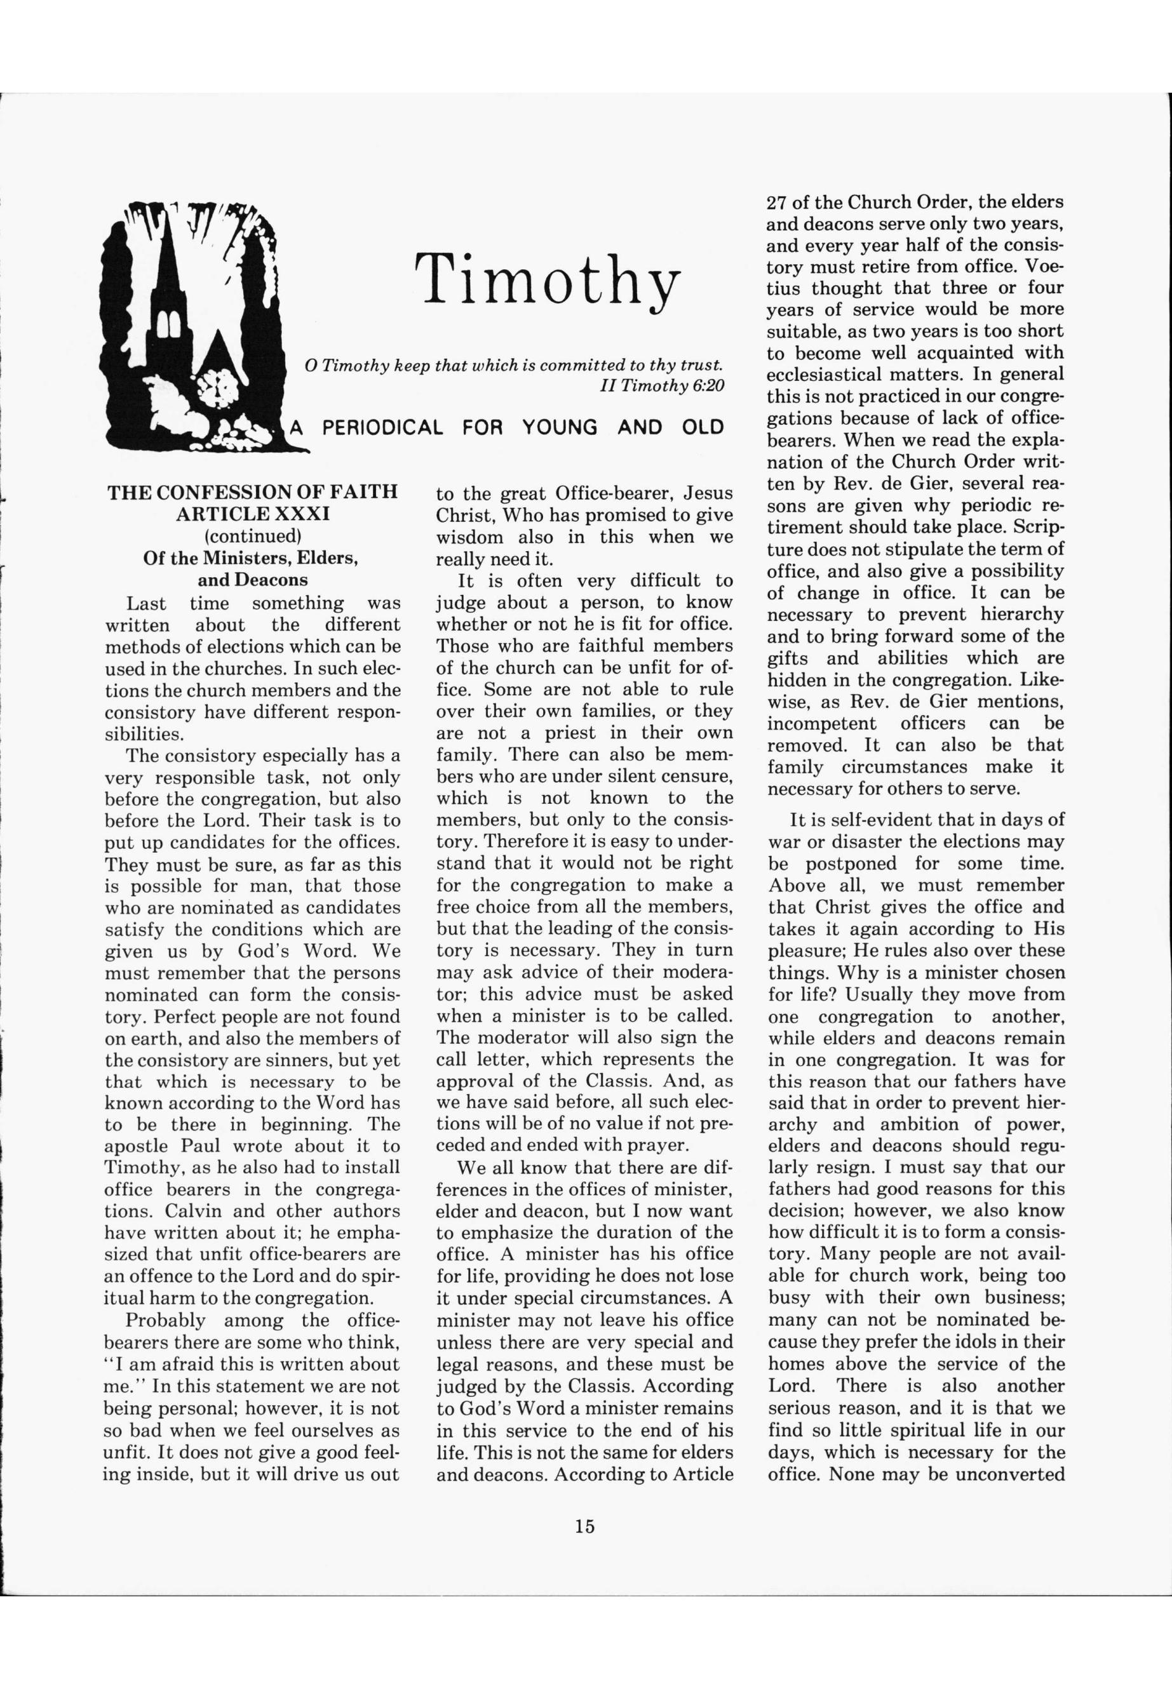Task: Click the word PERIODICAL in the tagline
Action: (x=382, y=427)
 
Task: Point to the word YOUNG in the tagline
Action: (x=560, y=427)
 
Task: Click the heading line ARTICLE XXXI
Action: (x=253, y=513)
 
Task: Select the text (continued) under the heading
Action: (x=253, y=535)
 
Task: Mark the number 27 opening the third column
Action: (x=778, y=201)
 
